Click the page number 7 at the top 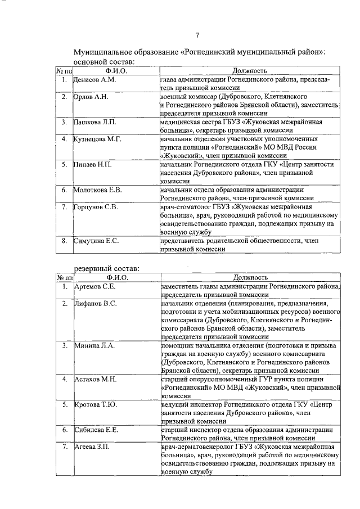[x=197, y=37]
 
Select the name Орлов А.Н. [x=91, y=97]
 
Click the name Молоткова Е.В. [x=98, y=190]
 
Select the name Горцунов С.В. [x=96, y=207]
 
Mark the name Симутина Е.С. [x=96, y=241]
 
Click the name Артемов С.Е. [x=95, y=287]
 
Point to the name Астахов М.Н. [x=95, y=380]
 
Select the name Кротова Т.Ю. [x=96, y=404]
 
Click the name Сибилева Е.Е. [x=96, y=430]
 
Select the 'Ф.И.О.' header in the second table [x=116, y=277]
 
